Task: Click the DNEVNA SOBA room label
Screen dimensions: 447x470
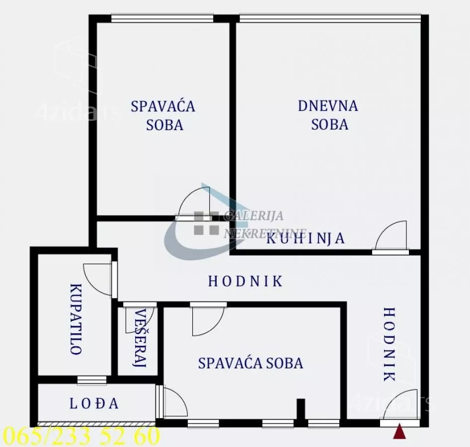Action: coord(328,115)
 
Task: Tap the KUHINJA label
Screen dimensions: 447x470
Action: coord(306,238)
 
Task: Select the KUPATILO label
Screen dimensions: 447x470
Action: coord(76,319)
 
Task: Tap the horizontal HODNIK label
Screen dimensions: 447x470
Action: coord(245,282)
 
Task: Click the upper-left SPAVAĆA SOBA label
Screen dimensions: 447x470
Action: coord(163,115)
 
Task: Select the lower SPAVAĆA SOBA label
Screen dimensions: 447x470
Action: coord(250,363)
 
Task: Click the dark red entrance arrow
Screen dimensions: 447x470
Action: coord(399,432)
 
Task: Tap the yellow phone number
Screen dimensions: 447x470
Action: coord(80,437)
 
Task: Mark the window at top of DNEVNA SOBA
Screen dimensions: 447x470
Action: coord(330,18)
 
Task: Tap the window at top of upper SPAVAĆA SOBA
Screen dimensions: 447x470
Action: coord(162,18)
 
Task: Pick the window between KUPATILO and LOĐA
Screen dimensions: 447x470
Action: coord(92,380)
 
